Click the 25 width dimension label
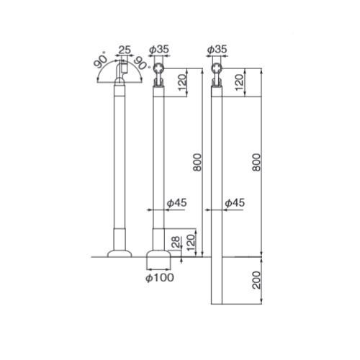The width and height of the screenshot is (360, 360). (x=125, y=50)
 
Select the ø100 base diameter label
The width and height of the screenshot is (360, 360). (x=160, y=278)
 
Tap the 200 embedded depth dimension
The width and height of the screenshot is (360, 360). (x=256, y=280)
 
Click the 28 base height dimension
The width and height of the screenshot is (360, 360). (x=176, y=242)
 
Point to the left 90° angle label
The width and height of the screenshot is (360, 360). (x=100, y=61)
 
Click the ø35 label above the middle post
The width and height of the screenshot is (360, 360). (x=159, y=50)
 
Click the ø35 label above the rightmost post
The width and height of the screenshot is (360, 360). (x=217, y=50)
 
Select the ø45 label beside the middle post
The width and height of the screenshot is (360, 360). (x=177, y=203)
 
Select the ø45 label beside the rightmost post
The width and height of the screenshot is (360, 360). (x=235, y=203)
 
